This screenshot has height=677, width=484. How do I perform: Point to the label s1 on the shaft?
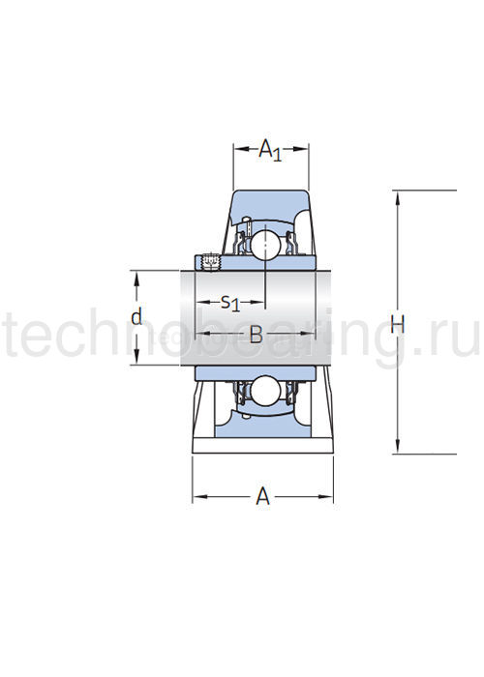pos(229,302)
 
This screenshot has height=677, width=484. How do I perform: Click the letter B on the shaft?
pos(256,335)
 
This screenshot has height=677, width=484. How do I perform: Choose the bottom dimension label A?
pos(262,497)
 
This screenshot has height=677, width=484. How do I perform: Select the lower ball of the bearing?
pos(263,391)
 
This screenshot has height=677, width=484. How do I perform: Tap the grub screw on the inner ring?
pos(207,261)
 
